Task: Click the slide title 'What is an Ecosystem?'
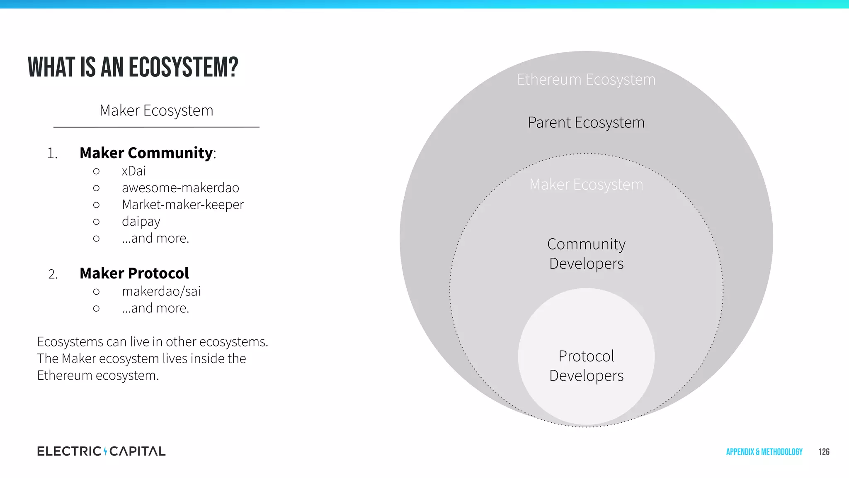click(133, 68)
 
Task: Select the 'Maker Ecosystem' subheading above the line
click(156, 111)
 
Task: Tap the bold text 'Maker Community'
click(146, 153)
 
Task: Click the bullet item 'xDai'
click(133, 171)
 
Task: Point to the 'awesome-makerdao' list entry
click(180, 188)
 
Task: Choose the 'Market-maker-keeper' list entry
click(182, 205)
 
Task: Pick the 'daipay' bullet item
click(141, 222)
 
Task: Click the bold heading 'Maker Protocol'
click(134, 273)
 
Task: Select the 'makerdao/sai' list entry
click(161, 291)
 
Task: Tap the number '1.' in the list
click(52, 154)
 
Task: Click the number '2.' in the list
click(53, 274)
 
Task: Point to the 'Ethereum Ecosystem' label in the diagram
click(586, 80)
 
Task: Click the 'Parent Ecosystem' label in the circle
click(586, 123)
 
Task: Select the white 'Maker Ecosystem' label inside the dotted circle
click(586, 185)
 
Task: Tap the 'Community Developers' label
click(586, 254)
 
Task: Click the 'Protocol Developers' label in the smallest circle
click(586, 366)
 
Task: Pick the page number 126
click(824, 452)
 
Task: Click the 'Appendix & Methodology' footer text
click(764, 452)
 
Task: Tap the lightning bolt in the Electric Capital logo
click(105, 451)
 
